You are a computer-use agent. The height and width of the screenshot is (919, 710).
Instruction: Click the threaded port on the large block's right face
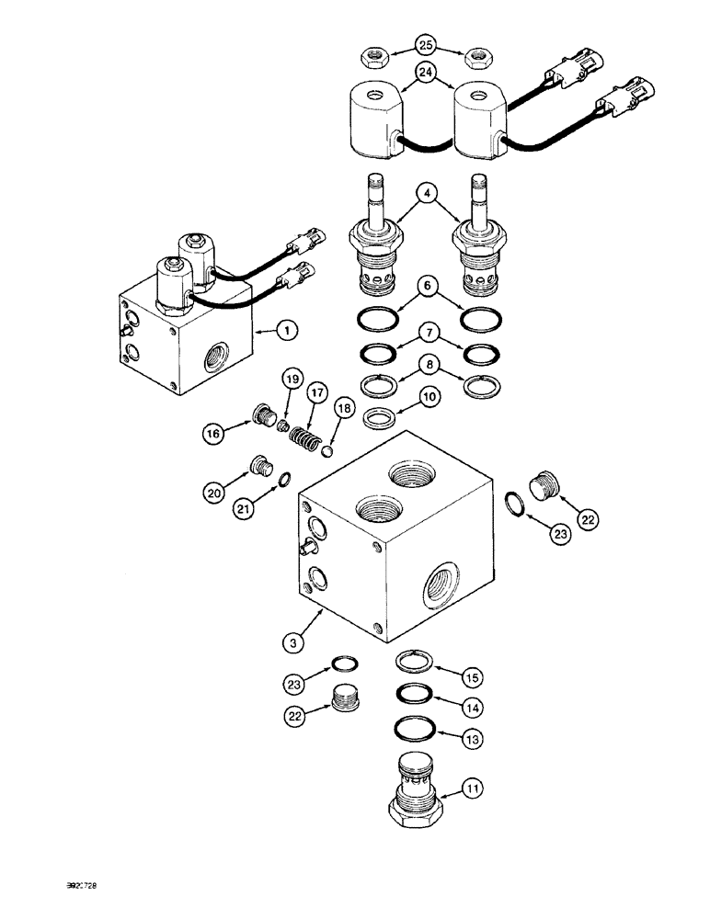point(440,582)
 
